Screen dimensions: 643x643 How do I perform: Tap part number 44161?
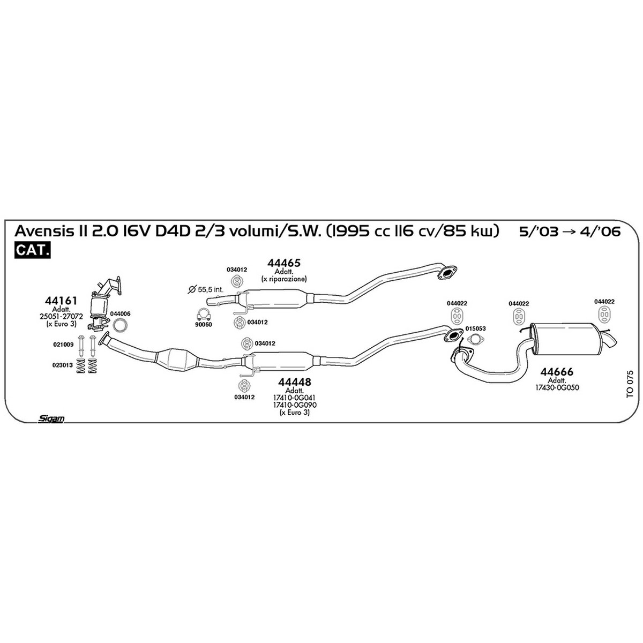coord(61,301)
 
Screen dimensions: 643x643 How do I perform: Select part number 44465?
coord(283,263)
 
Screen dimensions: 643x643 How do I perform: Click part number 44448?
coord(294,382)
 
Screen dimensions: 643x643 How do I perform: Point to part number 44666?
coord(557,371)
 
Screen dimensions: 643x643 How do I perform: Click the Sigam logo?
coord(51,419)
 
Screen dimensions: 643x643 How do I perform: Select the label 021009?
coord(63,345)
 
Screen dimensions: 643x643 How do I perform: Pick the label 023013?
coord(62,365)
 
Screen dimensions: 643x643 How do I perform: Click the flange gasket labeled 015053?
coord(475,340)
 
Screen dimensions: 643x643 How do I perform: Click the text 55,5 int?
coord(210,289)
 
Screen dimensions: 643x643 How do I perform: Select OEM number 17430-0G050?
coord(557,388)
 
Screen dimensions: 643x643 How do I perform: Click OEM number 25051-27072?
coord(61,317)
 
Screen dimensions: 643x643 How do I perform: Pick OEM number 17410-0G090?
coord(295,405)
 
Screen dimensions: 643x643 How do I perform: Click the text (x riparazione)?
coord(284,279)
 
